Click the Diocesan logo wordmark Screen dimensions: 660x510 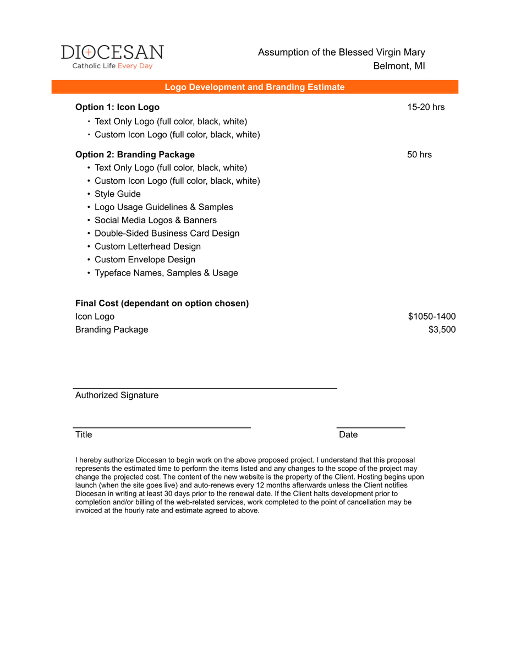click(x=112, y=52)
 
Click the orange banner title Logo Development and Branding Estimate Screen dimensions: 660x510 click(x=255, y=87)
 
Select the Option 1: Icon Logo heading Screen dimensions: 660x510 click(x=117, y=107)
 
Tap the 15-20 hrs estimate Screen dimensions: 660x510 click(x=426, y=107)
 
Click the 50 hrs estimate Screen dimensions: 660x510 click(x=419, y=155)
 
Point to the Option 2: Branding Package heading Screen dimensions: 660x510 click(x=135, y=155)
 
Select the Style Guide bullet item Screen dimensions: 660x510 click(x=117, y=194)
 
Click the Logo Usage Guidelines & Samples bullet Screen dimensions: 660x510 click(x=163, y=207)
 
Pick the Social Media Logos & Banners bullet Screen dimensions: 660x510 click(x=155, y=221)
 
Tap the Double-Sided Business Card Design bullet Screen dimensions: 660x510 click(x=167, y=234)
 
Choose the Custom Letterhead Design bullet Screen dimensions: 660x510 click(x=147, y=247)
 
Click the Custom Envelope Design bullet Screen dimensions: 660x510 click(x=145, y=260)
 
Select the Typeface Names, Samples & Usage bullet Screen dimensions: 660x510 click(x=166, y=273)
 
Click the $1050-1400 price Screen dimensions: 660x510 click(x=431, y=317)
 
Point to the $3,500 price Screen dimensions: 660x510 click(x=442, y=330)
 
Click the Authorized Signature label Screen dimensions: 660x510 click(x=117, y=395)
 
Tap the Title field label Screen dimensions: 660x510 click(x=84, y=435)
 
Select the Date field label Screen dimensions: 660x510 click(x=348, y=435)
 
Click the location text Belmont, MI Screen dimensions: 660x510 click(x=399, y=67)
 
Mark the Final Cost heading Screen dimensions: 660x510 click(x=162, y=304)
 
